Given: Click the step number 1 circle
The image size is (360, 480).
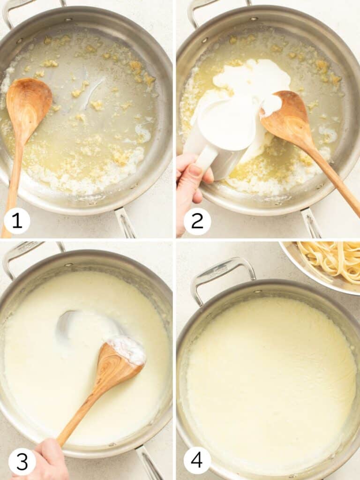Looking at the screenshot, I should [x=17, y=221].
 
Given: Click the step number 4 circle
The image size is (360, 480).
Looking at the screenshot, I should [x=197, y=460].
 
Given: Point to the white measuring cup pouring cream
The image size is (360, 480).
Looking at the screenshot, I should [x=225, y=129].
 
